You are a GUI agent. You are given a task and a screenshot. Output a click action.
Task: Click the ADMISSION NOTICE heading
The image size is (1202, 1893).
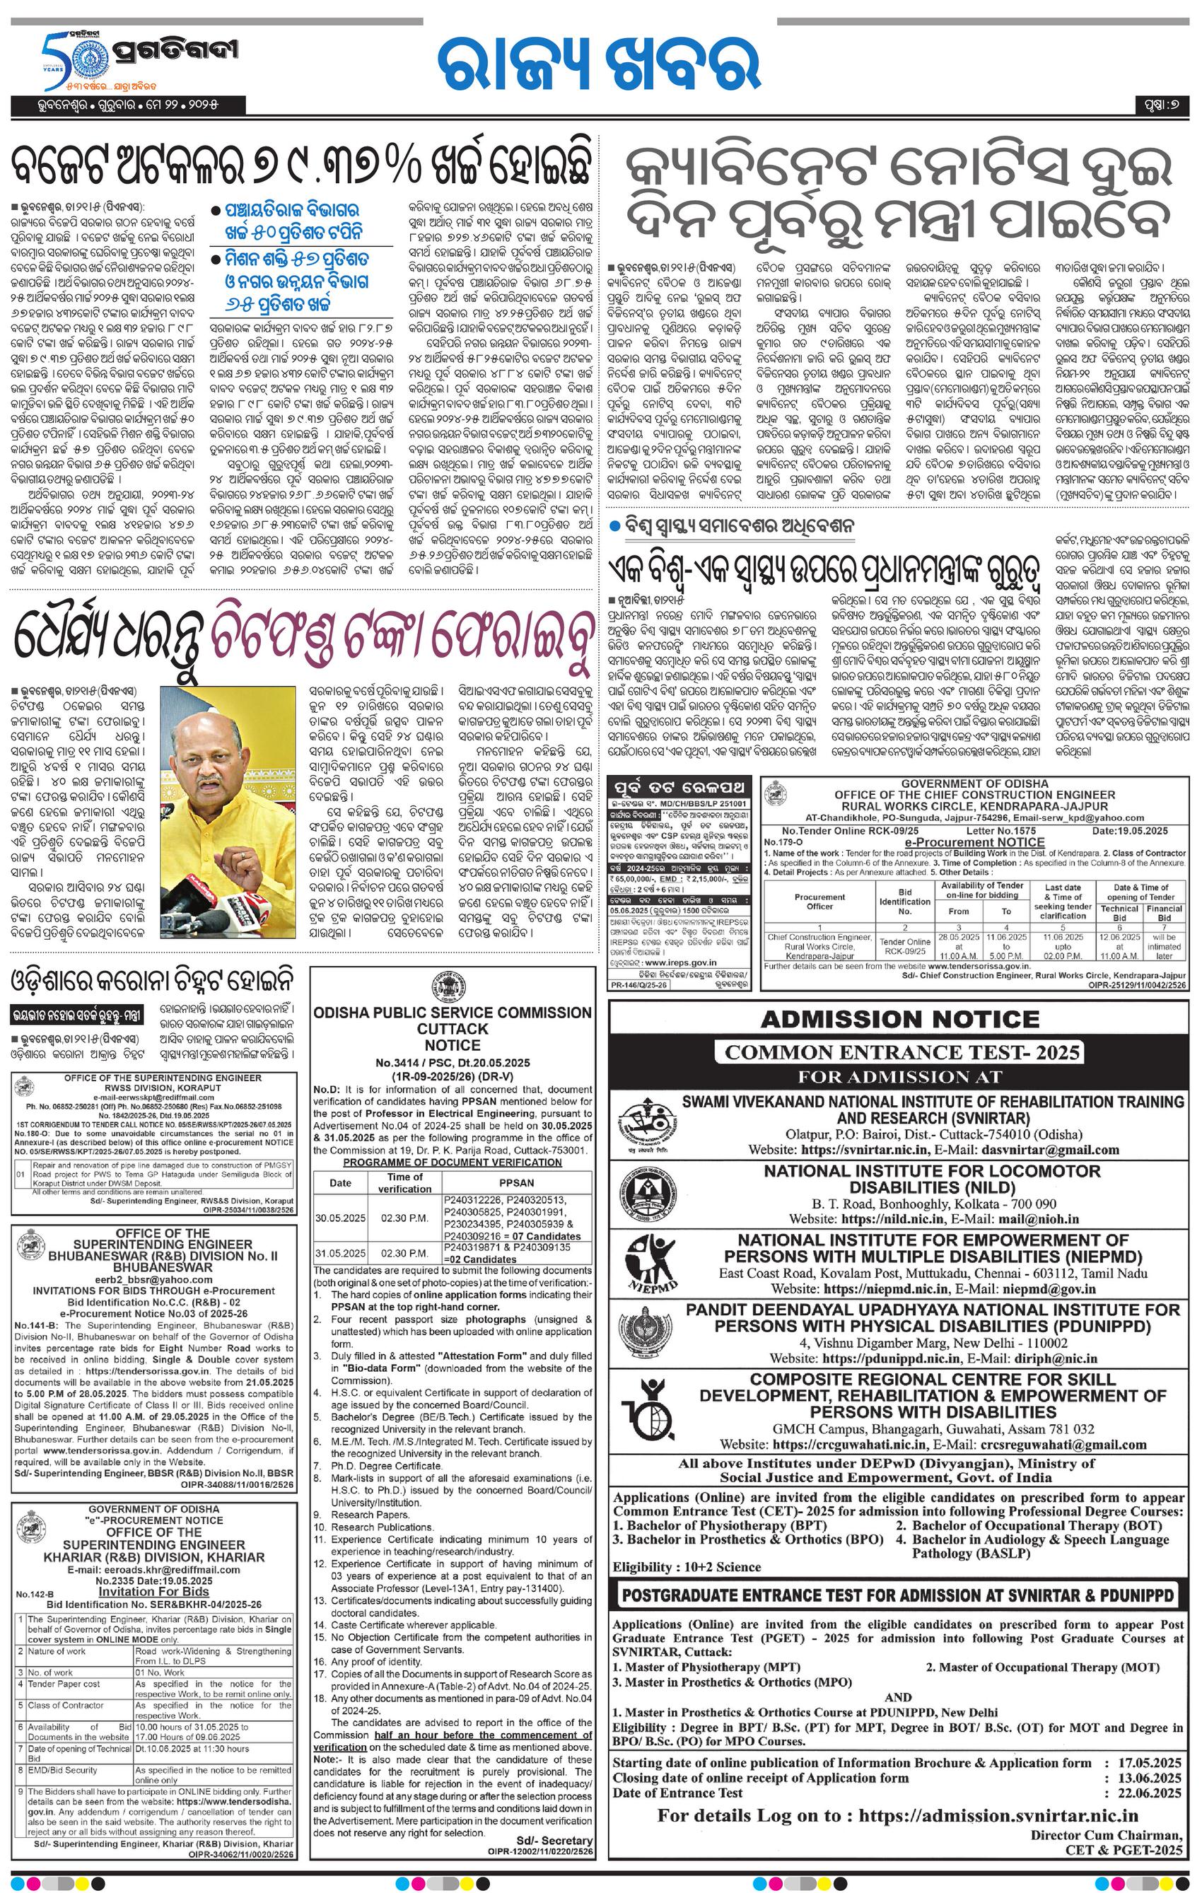(899, 1020)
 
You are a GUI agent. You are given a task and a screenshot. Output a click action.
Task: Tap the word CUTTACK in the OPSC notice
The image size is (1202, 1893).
(452, 1028)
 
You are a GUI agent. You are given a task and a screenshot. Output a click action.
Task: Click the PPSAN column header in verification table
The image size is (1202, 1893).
(515, 1182)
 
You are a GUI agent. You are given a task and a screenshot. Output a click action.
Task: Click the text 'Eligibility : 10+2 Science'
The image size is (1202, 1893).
(687, 1567)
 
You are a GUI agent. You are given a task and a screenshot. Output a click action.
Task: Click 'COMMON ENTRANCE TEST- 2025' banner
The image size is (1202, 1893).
(899, 1052)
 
